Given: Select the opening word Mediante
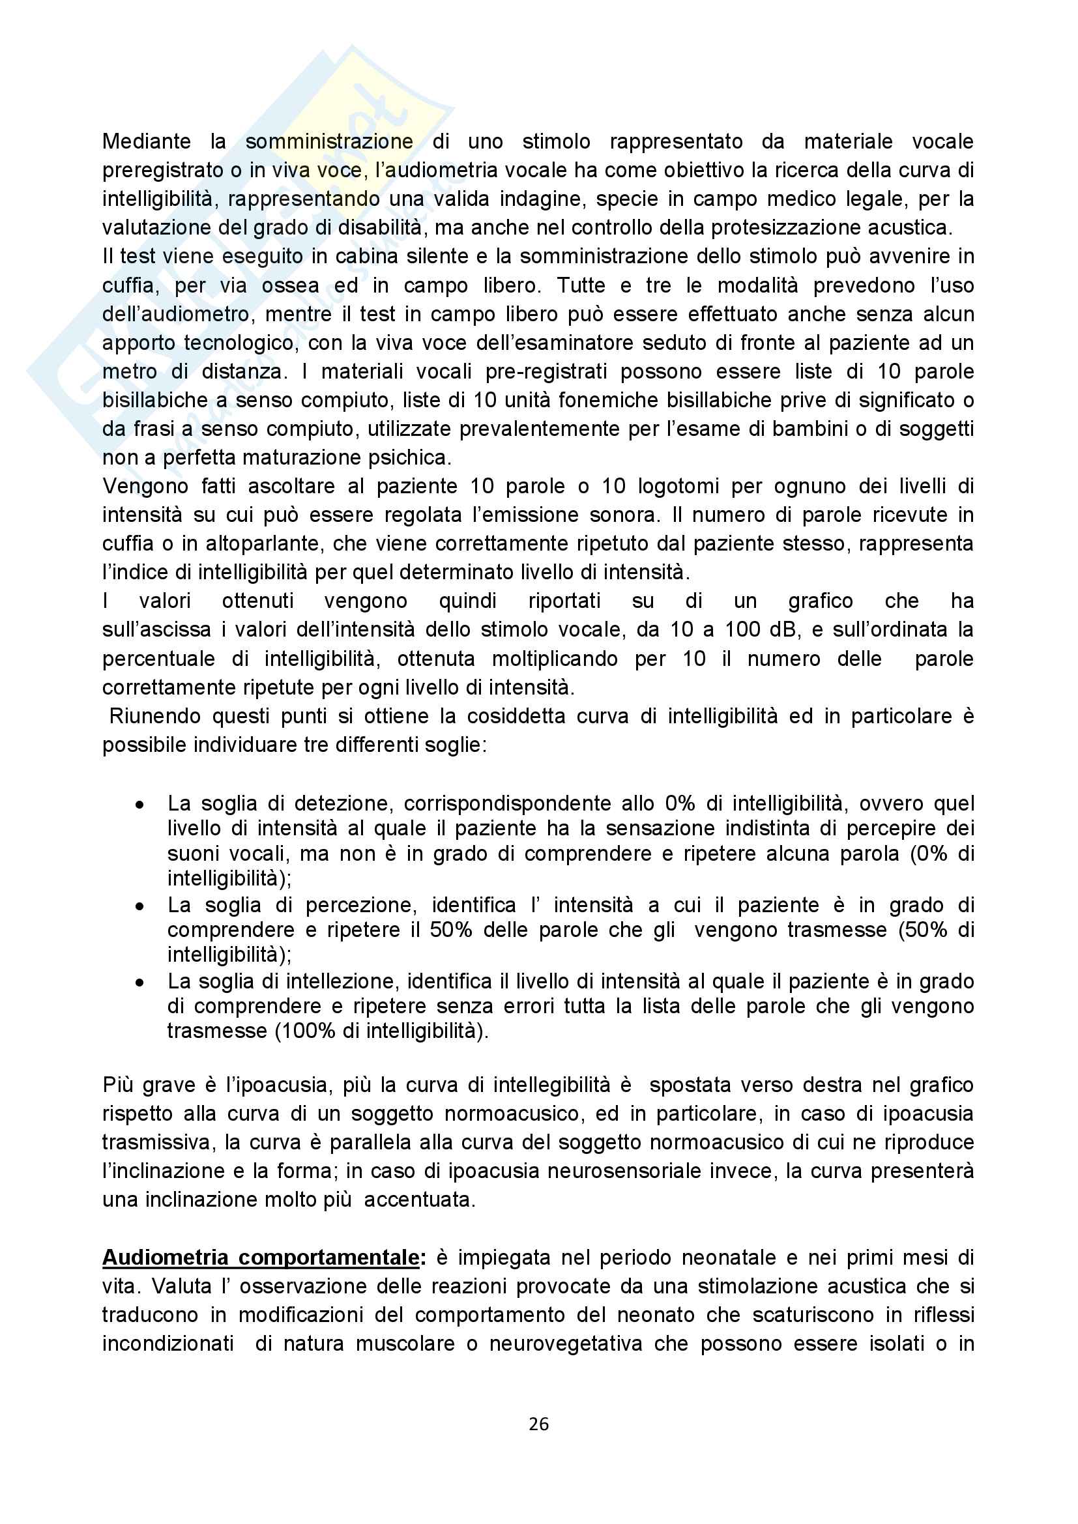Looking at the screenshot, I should (146, 141).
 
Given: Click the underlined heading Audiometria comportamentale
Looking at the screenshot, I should (261, 1257).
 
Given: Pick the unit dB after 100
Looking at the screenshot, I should (785, 629).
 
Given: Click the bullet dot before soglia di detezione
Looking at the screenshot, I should (139, 805).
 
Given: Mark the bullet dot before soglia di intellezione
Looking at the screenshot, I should (139, 983).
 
